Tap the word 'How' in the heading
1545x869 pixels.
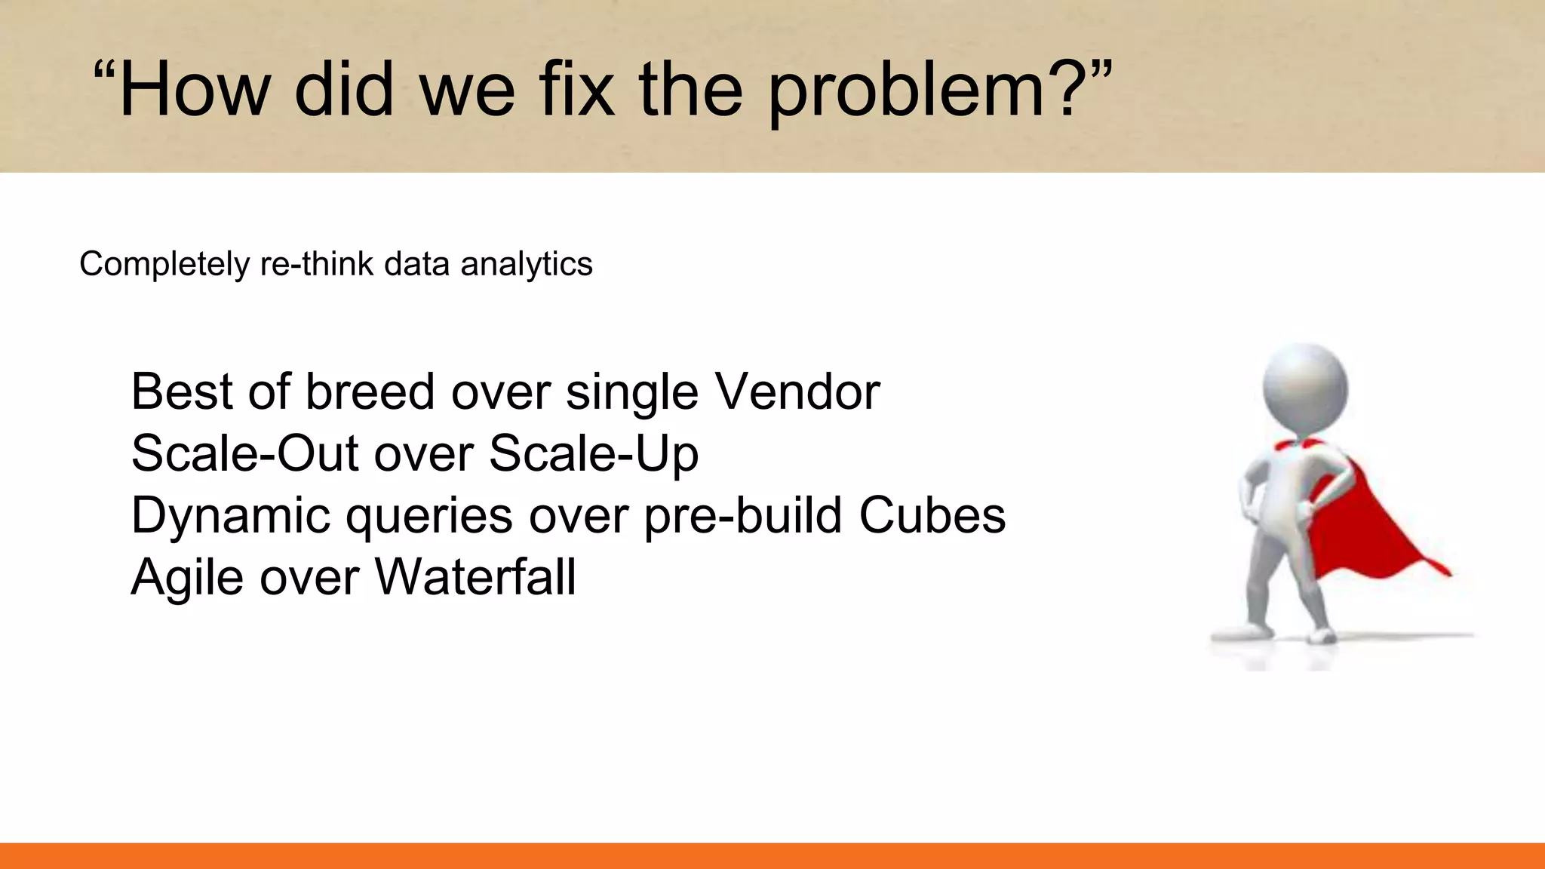(x=194, y=91)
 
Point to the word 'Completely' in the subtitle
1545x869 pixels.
(x=164, y=265)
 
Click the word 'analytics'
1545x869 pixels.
(x=526, y=265)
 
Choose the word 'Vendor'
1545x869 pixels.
(x=797, y=392)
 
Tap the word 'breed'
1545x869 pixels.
(x=370, y=392)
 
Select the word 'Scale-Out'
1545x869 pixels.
(x=244, y=454)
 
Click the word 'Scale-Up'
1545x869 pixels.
(x=594, y=454)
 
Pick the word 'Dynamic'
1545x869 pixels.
(x=231, y=517)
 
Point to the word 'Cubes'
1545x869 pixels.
(x=932, y=516)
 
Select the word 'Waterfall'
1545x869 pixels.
(x=475, y=578)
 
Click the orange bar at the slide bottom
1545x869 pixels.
(x=772, y=855)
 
